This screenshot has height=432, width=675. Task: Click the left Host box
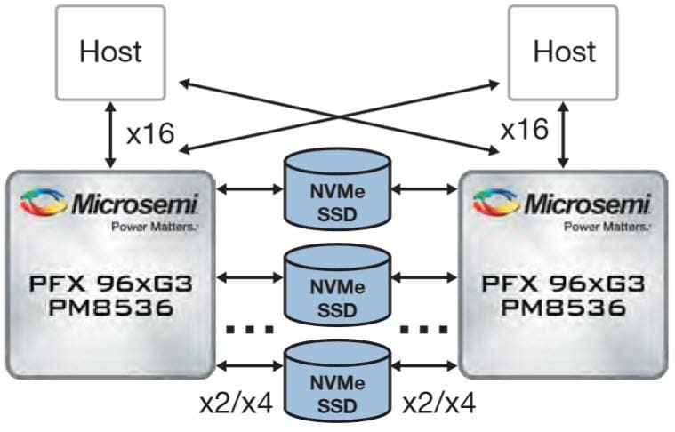pyautogui.click(x=110, y=52)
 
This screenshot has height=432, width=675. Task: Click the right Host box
pyautogui.click(x=563, y=52)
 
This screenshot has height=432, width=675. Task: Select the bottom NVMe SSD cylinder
pyautogui.click(x=336, y=384)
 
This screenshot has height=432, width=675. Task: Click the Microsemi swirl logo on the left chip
pyautogui.click(x=45, y=203)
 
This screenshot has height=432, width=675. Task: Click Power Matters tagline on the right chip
pyautogui.click(x=604, y=227)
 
